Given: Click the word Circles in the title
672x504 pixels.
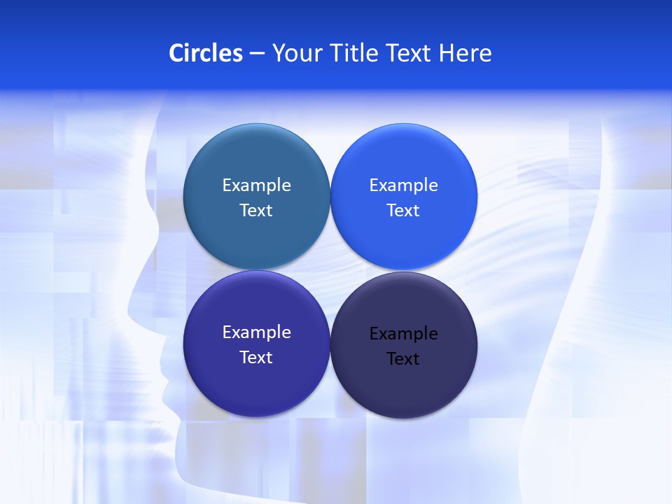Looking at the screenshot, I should click(x=206, y=52).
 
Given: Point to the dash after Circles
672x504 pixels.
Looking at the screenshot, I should click(x=257, y=54).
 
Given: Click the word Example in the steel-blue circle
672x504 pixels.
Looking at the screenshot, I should click(x=256, y=185).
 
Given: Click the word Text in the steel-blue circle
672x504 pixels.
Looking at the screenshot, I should click(x=256, y=210).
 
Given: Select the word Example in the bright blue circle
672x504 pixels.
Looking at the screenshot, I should click(x=403, y=185).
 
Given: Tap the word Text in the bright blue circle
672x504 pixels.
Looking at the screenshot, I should click(x=403, y=210).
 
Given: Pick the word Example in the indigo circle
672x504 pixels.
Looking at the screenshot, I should click(x=256, y=332).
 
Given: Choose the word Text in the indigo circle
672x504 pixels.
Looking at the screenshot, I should click(x=256, y=357).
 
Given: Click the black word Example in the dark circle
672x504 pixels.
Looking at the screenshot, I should click(x=403, y=333).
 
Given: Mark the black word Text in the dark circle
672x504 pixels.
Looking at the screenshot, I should click(x=403, y=358).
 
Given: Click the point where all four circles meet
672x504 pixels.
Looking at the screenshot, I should click(x=330, y=270).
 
